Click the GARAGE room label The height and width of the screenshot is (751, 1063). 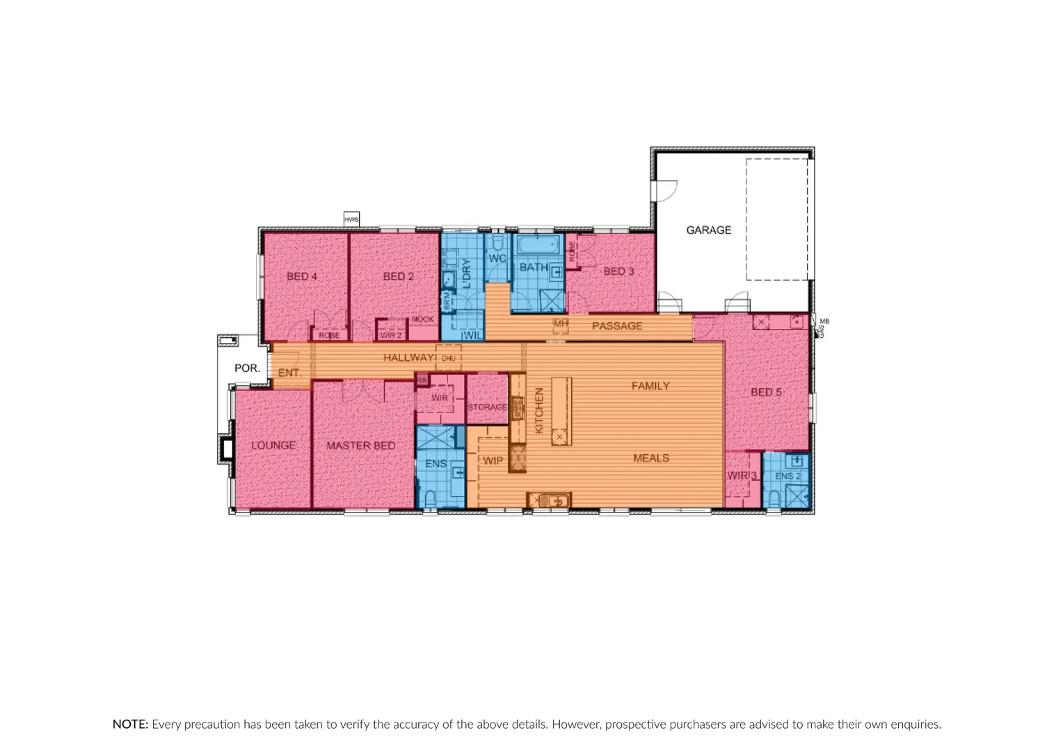coord(708,229)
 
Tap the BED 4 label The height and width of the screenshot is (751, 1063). coord(302,277)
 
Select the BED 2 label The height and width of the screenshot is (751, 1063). coord(398,277)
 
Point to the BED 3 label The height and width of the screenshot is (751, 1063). coord(618,271)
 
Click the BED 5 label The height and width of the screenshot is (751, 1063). coord(766,392)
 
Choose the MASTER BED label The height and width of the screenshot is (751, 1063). coord(360,446)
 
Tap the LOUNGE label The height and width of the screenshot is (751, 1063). coord(273,446)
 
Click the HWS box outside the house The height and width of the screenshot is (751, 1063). coord(351,220)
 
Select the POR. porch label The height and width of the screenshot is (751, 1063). coord(247,368)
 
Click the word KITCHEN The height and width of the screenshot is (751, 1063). coord(538,410)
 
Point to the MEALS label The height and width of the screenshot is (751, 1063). coord(651,458)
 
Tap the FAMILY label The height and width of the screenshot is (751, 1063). coord(650,386)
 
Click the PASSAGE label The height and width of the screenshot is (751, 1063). coord(617,326)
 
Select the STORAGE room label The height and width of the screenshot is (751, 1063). coord(487,407)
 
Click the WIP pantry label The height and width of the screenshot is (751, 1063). coord(493,461)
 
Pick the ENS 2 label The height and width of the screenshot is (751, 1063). coord(788,476)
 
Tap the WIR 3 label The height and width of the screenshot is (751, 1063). coord(742,476)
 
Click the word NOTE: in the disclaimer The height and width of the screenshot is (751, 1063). coord(130,725)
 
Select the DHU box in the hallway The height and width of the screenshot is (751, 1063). coord(448,358)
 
